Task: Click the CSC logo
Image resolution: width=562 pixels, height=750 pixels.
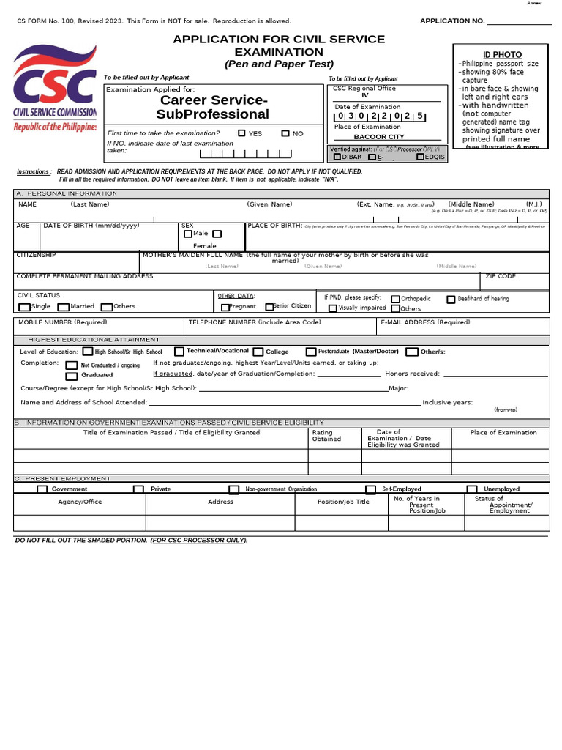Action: click(55, 87)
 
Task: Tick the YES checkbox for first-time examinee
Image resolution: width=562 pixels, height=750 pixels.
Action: click(242, 133)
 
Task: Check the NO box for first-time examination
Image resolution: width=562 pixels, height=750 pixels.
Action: click(285, 133)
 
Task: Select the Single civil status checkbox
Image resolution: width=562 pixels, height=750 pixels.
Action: click(25, 308)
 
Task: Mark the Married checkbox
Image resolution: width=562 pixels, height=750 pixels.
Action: click(64, 308)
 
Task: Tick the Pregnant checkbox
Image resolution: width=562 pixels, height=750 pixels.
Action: click(225, 308)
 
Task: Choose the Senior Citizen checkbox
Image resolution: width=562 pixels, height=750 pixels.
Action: click(269, 307)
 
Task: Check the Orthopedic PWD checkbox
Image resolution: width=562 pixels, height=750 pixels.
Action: click(395, 299)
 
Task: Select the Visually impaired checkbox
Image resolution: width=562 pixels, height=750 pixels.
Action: click(333, 308)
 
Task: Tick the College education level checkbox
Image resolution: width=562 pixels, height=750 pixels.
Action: click(258, 352)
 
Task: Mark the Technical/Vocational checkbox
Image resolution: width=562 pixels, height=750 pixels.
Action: click(179, 352)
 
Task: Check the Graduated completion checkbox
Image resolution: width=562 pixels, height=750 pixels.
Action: click(71, 375)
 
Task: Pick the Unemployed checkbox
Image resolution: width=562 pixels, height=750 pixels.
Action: click(472, 489)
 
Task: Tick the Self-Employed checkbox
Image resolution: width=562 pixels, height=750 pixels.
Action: click(370, 489)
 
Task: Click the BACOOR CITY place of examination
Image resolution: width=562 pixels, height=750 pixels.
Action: click(379, 137)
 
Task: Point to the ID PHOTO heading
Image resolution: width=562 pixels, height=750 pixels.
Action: click(502, 55)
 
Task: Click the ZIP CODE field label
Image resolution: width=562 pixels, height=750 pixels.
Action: click(501, 276)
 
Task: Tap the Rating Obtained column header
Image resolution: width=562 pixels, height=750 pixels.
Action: click(326, 436)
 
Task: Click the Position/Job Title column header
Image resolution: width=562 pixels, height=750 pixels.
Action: click(343, 502)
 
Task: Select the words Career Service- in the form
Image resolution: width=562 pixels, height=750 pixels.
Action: click(214, 100)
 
